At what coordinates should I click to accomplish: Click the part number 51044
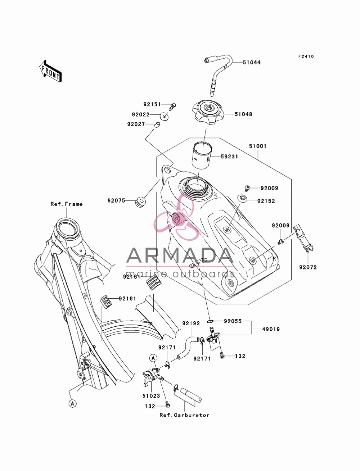[x=252, y=63]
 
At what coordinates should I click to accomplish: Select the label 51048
[x=243, y=114]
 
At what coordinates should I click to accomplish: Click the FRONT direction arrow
[x=50, y=72]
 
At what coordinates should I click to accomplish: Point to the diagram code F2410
[x=306, y=56]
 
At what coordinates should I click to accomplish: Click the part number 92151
[x=152, y=104]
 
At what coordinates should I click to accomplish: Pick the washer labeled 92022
[x=164, y=116]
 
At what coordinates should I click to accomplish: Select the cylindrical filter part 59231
[x=202, y=155]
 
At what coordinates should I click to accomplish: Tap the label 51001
[x=258, y=146]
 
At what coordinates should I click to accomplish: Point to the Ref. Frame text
[x=66, y=204]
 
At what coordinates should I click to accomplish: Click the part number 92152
[x=266, y=201]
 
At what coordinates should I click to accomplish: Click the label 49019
[x=271, y=329]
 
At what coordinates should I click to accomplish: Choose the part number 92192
[x=191, y=323]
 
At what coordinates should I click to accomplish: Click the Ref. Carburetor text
[x=184, y=415]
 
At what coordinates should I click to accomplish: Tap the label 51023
[x=151, y=396]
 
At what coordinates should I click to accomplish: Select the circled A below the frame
[x=73, y=404]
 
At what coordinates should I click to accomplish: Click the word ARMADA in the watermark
[x=180, y=255]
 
